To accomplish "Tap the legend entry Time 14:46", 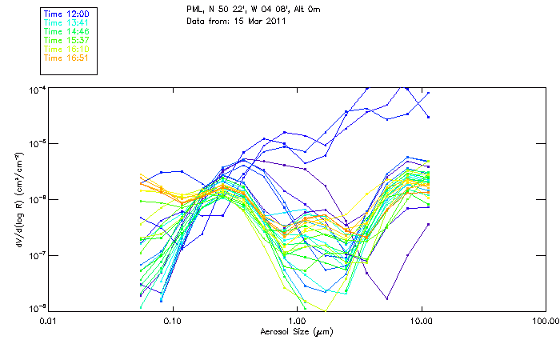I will click(66, 32).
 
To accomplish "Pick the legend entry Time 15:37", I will click(66, 41).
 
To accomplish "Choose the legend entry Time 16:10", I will click(66, 49).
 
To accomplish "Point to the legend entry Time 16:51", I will click(66, 58).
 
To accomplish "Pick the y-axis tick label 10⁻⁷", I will click(38, 254).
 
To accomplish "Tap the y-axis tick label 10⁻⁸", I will click(38, 308).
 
